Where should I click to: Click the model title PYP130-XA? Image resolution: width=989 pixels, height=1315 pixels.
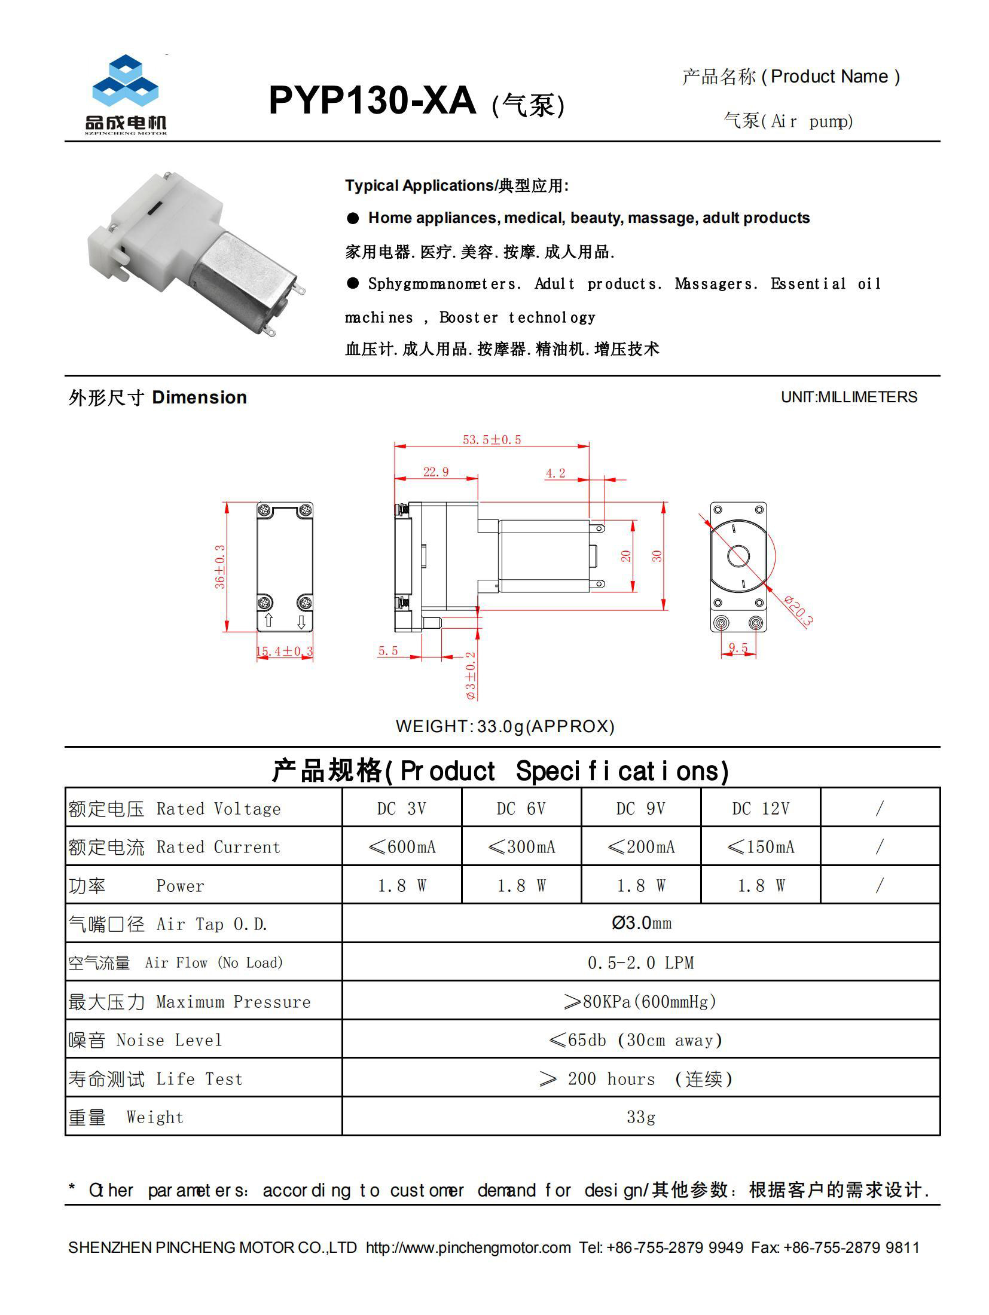click(x=372, y=100)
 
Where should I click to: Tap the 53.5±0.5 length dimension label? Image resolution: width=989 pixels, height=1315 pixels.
click(x=492, y=440)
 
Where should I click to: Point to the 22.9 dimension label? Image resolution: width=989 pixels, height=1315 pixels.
click(x=436, y=472)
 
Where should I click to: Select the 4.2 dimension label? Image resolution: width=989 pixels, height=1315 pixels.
click(x=555, y=473)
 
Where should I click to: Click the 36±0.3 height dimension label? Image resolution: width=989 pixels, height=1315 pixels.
click(x=220, y=567)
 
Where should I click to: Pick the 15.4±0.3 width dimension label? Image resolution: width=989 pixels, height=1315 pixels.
click(x=285, y=651)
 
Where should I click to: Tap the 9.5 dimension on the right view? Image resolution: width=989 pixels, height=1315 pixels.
click(x=738, y=648)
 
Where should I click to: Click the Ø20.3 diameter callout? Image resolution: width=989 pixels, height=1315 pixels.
click(x=798, y=611)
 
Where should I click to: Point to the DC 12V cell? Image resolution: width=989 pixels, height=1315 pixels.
click(x=761, y=809)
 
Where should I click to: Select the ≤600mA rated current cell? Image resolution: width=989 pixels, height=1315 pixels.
click(x=402, y=847)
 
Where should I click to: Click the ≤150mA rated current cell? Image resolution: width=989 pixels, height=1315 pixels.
click(x=761, y=847)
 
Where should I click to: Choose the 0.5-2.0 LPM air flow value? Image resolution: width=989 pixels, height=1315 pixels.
click(x=640, y=962)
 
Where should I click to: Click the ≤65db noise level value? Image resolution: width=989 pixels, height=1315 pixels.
click(x=635, y=1040)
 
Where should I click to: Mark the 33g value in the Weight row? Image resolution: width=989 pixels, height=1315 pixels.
click(x=640, y=1117)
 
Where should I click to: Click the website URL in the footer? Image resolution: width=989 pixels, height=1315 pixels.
click(x=468, y=1247)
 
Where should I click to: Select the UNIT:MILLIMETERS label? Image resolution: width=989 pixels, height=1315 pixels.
click(x=848, y=397)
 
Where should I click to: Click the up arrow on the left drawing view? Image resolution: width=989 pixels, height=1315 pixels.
click(x=268, y=620)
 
